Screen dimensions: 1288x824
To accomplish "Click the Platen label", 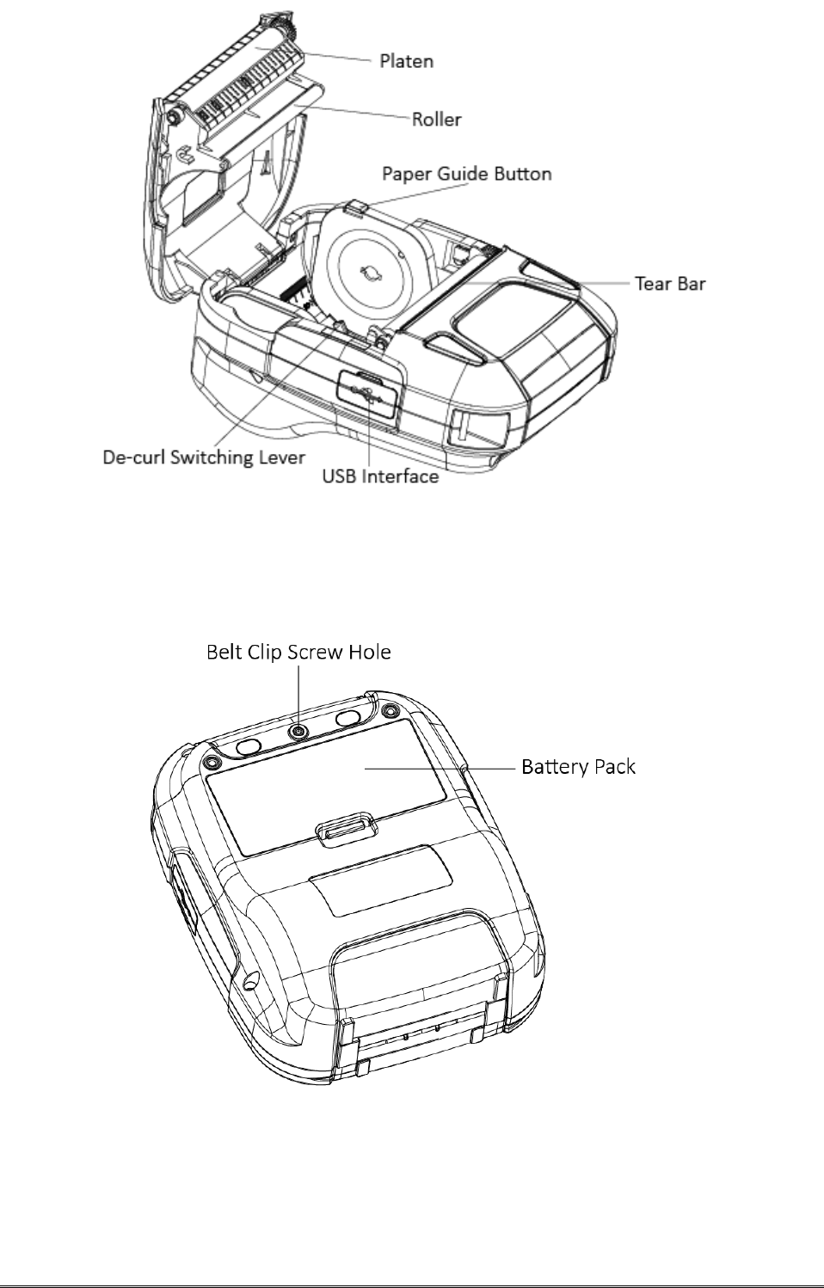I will (x=407, y=62).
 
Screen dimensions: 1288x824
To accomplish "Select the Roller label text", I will (x=436, y=120).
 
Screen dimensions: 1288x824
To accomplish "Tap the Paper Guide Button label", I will (x=467, y=174).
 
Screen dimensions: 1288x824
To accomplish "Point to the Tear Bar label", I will (x=670, y=283).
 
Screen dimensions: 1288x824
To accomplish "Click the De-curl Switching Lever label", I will (x=205, y=457).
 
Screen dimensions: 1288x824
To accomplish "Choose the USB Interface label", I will (x=380, y=475).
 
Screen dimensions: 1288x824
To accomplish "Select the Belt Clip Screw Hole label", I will (x=298, y=653).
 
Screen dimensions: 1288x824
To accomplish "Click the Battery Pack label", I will (x=579, y=766).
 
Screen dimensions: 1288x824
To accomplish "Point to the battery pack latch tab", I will (x=347, y=831).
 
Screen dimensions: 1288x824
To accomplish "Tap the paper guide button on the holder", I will (x=360, y=205).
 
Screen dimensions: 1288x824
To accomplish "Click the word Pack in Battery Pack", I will (x=611, y=766).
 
